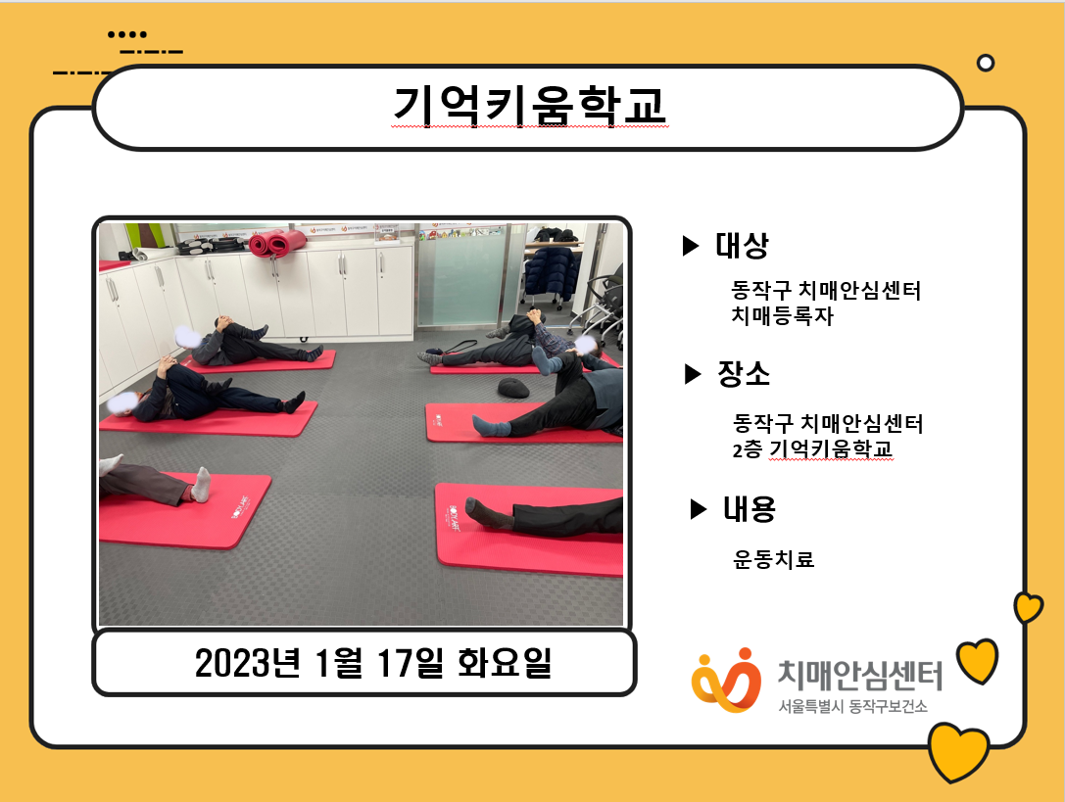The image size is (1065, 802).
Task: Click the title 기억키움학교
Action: tap(530, 106)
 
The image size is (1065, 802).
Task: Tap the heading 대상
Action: tap(742, 245)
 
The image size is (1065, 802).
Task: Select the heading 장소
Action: tap(744, 373)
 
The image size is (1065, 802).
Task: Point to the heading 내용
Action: tap(750, 508)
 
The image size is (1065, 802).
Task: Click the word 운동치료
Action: tap(774, 559)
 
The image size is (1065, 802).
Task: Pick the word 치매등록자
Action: tap(782, 315)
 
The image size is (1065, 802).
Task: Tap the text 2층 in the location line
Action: tap(747, 448)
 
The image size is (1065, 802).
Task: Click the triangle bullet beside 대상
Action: tap(690, 245)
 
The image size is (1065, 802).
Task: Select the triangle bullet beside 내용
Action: tap(699, 508)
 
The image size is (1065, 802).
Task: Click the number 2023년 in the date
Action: tap(247, 663)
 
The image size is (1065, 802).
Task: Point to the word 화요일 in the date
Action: tap(504, 663)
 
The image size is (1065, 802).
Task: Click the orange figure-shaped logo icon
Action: tap(726, 681)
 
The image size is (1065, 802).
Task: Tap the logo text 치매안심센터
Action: tap(860, 675)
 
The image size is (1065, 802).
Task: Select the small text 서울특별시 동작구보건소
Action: tap(852, 707)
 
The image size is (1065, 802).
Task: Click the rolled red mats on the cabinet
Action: tap(277, 243)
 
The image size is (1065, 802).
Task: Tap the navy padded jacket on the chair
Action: tap(552, 273)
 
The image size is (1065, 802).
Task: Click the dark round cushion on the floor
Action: tap(513, 388)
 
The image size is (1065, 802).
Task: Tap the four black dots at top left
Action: tap(127, 34)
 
